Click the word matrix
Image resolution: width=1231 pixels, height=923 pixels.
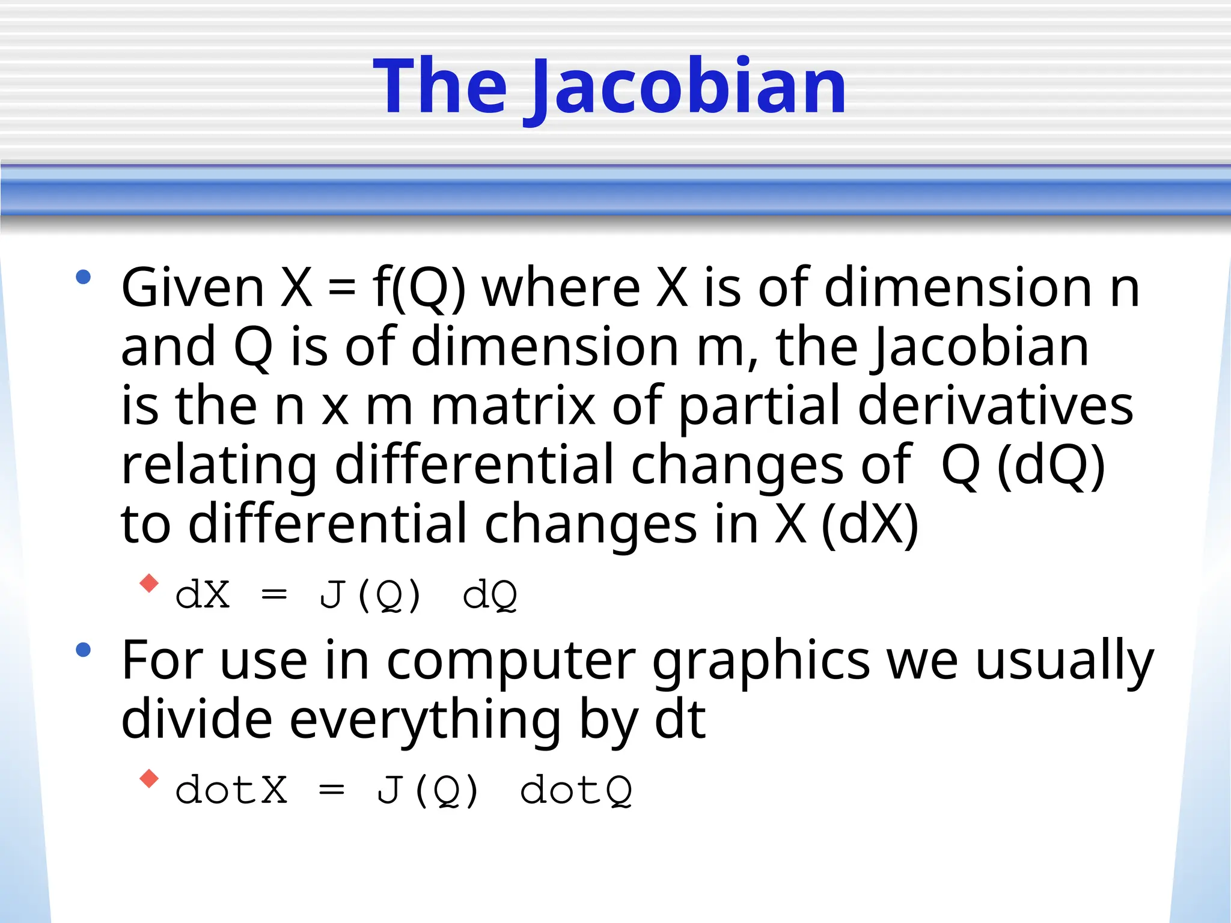click(513, 406)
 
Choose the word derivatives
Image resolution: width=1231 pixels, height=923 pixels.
click(995, 406)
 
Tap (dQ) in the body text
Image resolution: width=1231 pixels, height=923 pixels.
click(1051, 465)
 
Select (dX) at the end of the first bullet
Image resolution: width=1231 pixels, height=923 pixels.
click(869, 524)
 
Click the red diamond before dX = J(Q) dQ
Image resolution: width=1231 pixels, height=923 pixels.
click(148, 583)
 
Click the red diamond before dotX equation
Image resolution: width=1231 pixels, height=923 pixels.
click(148, 779)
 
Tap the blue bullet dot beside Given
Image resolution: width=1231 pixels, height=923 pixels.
click(83, 277)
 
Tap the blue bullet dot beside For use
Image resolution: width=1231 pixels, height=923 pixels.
click(83, 650)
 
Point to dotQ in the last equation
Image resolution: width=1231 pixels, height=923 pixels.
click(576, 790)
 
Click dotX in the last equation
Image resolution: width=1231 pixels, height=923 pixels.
click(231, 790)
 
